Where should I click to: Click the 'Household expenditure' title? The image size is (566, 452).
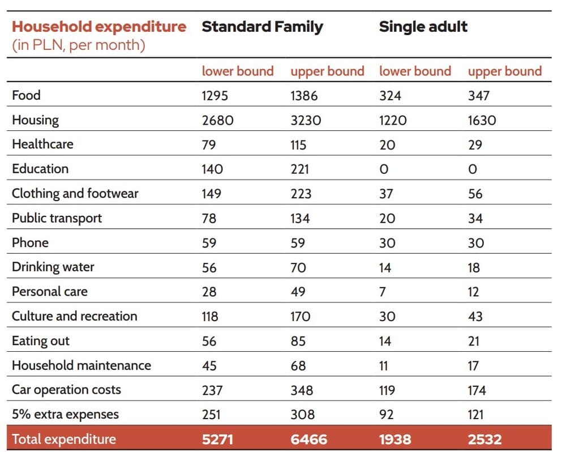(99, 27)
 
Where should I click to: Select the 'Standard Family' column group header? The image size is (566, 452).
(262, 27)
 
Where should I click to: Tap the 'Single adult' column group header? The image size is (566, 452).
(423, 27)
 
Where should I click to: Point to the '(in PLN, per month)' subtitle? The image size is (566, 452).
(79, 45)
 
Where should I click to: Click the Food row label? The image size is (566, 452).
(26, 95)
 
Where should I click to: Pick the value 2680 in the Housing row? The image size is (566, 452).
(218, 120)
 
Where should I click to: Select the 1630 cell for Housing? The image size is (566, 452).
(482, 120)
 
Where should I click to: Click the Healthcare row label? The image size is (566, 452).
(42, 144)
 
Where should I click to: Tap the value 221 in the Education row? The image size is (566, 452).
(299, 169)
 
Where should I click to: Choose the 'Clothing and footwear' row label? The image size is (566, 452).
(75, 194)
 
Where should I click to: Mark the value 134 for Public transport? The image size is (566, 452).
(300, 218)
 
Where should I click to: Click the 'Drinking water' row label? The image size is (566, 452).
(53, 267)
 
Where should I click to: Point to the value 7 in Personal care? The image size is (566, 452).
(383, 292)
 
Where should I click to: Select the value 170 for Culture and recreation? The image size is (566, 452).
(301, 317)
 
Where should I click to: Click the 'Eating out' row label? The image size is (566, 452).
(40, 341)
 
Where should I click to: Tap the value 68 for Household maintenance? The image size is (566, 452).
(298, 366)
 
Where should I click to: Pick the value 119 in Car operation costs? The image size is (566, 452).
(387, 390)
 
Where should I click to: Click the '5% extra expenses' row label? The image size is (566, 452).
(65, 415)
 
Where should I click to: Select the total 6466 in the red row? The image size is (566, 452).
(308, 440)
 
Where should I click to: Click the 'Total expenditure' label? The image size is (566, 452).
(64, 440)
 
